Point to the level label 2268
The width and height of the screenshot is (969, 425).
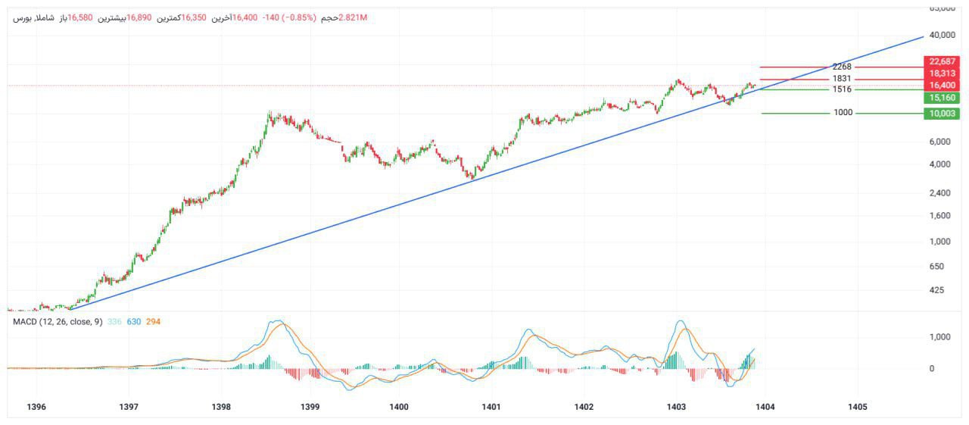point(842,67)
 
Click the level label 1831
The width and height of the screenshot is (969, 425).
point(842,79)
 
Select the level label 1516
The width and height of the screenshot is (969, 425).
point(842,89)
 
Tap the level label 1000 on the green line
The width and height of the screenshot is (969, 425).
point(843,113)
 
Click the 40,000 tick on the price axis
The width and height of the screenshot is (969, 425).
point(942,35)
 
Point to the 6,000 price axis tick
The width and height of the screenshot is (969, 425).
point(939,142)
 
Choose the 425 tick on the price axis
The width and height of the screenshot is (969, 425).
point(937,290)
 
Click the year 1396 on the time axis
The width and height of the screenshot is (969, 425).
point(36,407)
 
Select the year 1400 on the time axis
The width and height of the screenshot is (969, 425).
point(399,407)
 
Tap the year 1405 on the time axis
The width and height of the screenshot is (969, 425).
point(858,407)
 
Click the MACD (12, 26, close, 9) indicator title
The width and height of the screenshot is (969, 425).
point(58,322)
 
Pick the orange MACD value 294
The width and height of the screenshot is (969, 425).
point(152,322)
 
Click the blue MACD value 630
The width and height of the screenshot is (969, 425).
point(133,322)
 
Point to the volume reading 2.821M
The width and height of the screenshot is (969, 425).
point(353,17)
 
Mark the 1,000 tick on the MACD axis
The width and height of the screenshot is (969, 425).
point(942,336)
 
